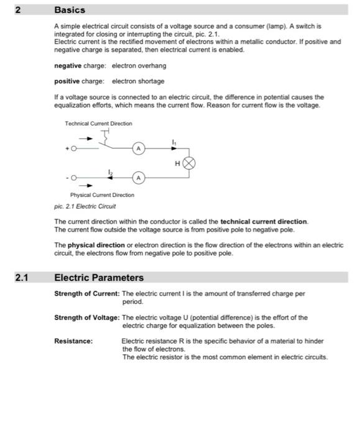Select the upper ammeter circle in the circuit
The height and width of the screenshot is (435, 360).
click(140, 149)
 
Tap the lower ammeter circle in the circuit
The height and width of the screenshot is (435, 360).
click(140, 178)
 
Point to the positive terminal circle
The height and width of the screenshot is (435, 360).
click(75, 149)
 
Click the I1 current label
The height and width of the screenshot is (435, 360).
click(173, 142)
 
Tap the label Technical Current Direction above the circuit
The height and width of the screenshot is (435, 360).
click(98, 124)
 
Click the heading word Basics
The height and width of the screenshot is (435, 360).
click(70, 10)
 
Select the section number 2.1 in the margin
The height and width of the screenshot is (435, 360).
click(22, 278)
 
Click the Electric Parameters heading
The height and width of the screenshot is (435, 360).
click(99, 278)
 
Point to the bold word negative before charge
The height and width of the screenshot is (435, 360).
click(69, 65)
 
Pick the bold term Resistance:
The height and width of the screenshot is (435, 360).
click(73, 341)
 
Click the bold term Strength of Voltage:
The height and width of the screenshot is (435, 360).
click(87, 317)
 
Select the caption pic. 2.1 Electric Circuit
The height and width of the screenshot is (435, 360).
click(85, 206)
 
